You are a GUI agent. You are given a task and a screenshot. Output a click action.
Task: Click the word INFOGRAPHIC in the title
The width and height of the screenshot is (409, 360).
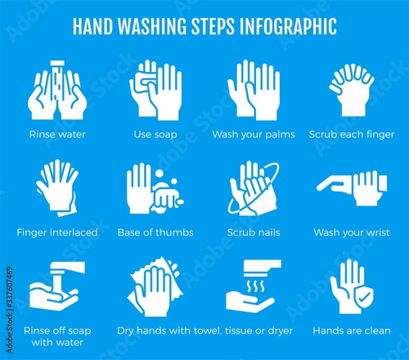tap(288, 26)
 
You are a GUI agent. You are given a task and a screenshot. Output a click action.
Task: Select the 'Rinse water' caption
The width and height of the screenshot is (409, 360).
tap(57, 134)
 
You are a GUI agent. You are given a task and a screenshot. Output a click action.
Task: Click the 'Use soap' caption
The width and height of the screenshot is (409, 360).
tap(155, 134)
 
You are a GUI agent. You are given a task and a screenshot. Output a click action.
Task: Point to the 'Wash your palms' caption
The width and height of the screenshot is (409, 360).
tap(254, 134)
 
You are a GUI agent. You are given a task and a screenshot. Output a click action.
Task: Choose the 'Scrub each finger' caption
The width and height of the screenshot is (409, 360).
tap(352, 134)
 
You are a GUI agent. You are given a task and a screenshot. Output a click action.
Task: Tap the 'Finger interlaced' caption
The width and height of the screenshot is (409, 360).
tap(57, 232)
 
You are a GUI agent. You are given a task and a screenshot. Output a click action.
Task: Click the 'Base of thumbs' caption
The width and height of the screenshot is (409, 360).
tap(155, 232)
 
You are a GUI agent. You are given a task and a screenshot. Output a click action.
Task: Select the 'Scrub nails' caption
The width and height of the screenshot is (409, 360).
tap(254, 232)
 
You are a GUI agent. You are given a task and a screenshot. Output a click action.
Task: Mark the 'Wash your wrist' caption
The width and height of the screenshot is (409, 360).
tap(352, 232)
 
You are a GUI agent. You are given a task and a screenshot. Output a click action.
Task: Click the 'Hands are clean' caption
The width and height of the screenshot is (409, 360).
tap(352, 331)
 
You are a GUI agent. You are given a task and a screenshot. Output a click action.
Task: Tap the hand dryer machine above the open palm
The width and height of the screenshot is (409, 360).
tap(262, 267)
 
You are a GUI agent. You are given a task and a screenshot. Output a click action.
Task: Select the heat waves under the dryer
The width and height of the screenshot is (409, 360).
tap(255, 286)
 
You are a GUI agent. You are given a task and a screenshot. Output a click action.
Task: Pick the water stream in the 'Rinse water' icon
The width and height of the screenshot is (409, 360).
tap(57, 82)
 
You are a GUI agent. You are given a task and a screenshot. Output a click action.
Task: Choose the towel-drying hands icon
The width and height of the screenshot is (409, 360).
tap(155, 287)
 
